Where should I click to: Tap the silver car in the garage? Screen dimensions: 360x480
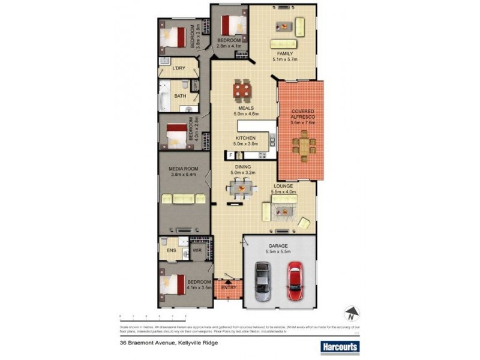pos(262,282)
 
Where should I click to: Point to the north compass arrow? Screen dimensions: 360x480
pos(351,313)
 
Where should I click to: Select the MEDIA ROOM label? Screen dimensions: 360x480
pos(184,169)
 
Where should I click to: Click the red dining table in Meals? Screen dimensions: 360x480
pos(242,92)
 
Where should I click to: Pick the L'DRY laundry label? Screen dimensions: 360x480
pos(179,68)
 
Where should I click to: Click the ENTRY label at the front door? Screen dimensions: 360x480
pos(229,287)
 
